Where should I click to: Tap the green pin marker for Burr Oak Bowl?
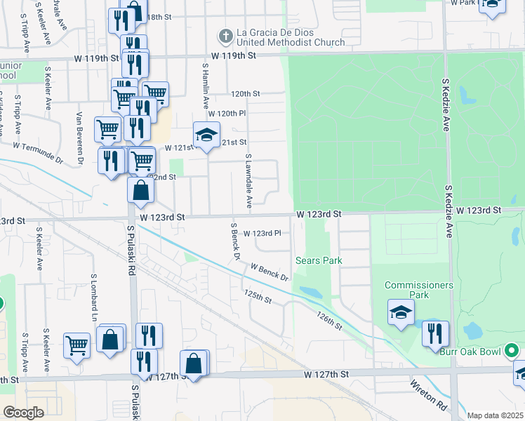(512, 349)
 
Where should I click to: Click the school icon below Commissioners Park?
(401, 312)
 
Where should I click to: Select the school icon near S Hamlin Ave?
(207, 135)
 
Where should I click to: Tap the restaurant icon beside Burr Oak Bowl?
(435, 333)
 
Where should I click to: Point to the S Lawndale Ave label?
(248, 182)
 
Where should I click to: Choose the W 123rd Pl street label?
(262, 233)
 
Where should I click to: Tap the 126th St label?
(328, 321)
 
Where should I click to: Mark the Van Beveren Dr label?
(80, 139)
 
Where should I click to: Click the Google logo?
(23, 412)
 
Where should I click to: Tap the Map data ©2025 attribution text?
(496, 415)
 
